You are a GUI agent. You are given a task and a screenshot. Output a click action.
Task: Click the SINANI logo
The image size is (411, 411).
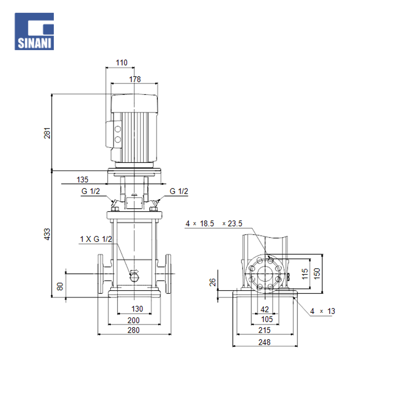34,32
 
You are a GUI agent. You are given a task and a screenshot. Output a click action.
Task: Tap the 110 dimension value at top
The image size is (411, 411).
122,62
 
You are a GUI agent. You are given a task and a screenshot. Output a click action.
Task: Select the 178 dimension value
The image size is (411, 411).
135,79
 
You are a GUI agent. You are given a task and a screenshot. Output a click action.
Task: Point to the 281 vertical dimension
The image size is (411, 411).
47,133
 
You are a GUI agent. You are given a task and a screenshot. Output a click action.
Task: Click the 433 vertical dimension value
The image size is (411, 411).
47,234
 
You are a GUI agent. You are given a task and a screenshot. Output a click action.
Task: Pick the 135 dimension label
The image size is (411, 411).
82,180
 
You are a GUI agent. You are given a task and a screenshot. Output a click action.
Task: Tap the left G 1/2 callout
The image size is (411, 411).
91,191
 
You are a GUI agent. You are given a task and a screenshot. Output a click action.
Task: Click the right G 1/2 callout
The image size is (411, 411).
179,191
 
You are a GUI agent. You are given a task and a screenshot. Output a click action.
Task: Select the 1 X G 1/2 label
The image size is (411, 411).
96,239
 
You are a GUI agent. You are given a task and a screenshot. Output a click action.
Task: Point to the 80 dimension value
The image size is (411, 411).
60,286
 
